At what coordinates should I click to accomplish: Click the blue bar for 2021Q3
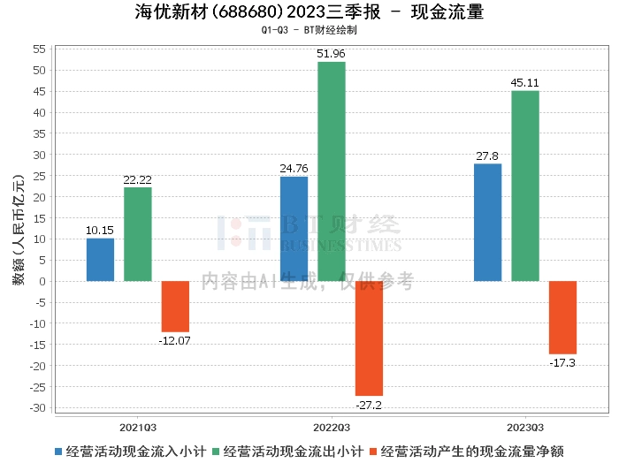click(x=100, y=260)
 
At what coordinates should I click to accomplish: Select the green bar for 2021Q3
click(x=137, y=234)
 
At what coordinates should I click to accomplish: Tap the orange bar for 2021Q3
click(x=175, y=307)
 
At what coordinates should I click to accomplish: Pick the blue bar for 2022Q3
click(x=294, y=229)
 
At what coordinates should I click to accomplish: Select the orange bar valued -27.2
click(x=369, y=338)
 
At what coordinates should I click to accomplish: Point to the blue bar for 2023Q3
click(x=487, y=223)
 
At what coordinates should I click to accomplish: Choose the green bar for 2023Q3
click(x=524, y=186)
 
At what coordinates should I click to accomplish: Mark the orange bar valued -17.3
click(x=562, y=317)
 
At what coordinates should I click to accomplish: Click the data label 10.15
click(x=100, y=231)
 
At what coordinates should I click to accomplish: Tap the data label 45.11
click(x=524, y=83)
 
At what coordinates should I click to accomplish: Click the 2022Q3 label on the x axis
click(x=332, y=425)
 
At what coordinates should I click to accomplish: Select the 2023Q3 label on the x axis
click(x=524, y=425)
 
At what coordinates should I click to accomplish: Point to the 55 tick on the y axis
click(x=41, y=49)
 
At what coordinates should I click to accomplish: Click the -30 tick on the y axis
click(x=39, y=408)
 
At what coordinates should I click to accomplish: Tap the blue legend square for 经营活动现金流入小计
click(x=58, y=451)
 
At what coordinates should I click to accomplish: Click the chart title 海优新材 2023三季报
click(x=309, y=12)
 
